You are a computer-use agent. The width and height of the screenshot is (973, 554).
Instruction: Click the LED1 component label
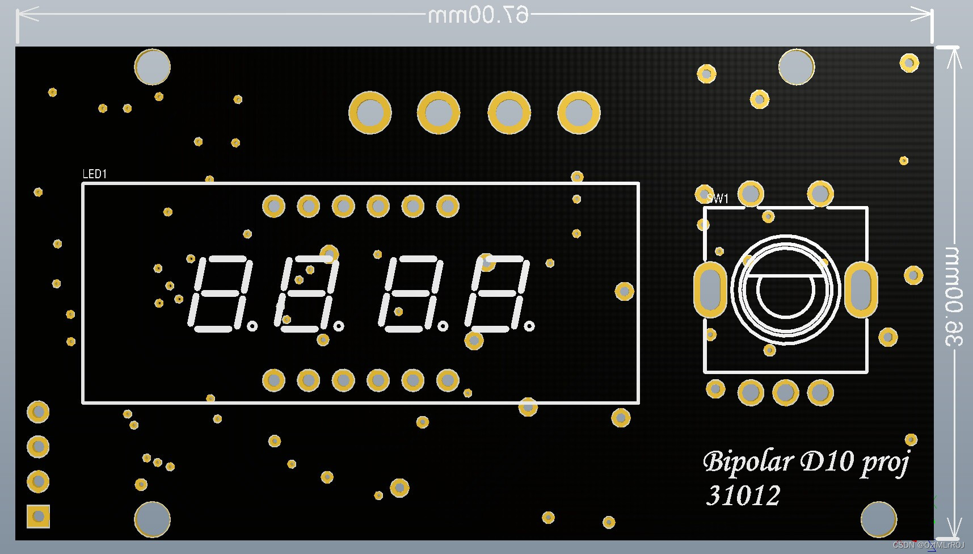[95, 174]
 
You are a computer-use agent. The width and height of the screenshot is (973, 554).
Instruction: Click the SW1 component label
[718, 198]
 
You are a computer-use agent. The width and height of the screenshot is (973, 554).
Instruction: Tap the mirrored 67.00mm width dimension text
[478, 15]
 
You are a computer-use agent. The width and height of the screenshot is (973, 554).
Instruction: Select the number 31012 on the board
[743, 496]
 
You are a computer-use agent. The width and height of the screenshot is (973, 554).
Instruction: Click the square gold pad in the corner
[39, 517]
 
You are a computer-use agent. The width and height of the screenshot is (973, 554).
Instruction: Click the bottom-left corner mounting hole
[152, 519]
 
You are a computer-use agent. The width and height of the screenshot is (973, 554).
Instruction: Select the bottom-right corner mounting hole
[878, 519]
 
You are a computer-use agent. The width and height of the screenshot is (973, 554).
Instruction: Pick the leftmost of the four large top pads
[370, 112]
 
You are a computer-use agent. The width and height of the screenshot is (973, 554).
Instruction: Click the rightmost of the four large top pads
[579, 112]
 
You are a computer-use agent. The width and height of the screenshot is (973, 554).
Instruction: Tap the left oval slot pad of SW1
[710, 289]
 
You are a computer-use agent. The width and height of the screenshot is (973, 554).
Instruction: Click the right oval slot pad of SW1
[861, 289]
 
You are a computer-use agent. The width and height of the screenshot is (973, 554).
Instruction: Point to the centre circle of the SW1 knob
[786, 291]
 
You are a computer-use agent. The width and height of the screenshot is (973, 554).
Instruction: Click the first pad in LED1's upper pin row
[273, 206]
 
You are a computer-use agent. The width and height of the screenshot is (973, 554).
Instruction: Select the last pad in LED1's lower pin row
[448, 380]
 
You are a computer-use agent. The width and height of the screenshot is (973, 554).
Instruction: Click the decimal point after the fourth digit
[529, 326]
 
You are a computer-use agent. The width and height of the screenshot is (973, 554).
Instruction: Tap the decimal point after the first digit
[252, 326]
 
